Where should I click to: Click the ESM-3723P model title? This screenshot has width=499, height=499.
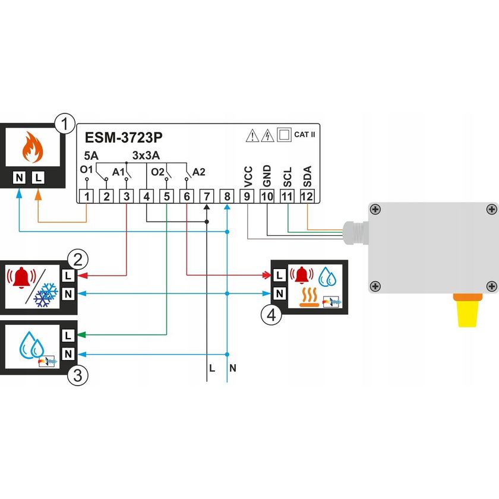pos(124,138)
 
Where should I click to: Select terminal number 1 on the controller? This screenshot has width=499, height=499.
pos(87,196)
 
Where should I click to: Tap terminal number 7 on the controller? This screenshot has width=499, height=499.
pos(206,196)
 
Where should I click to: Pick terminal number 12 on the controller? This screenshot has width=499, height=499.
pos(307,196)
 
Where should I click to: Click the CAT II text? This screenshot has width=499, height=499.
pos(304,135)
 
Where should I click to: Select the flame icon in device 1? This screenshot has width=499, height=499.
pos(29,147)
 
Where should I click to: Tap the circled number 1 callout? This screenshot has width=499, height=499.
pos(64,124)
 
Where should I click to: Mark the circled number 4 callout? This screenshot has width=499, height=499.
pos(271,314)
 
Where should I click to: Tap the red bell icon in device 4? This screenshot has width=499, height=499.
pos(302,274)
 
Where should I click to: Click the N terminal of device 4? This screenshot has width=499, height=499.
pos(279,293)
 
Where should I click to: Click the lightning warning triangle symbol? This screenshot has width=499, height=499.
pos(267,135)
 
